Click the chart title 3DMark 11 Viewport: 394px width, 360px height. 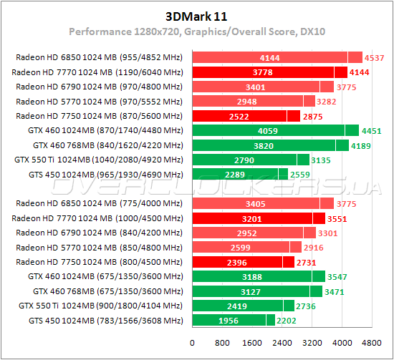click(196, 16)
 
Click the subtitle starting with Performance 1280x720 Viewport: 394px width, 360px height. click(196, 32)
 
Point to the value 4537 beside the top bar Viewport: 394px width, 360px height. click(374, 57)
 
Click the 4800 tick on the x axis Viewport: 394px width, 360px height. click(370, 342)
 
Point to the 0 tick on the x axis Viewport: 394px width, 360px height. click(191, 342)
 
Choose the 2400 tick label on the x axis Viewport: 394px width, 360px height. click(281, 342)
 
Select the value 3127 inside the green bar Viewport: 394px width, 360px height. click(249, 291)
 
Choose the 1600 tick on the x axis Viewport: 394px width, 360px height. click(251, 342)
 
